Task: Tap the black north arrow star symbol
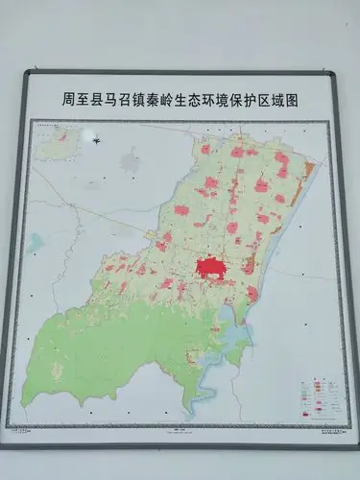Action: (97, 141)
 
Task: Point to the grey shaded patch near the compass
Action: (132, 158)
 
